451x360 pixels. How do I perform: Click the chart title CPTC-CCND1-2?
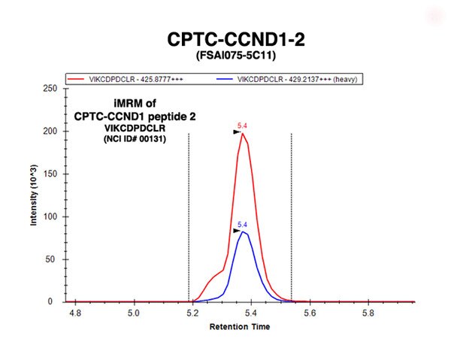click(x=236, y=39)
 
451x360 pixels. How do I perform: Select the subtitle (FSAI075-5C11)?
click(x=236, y=55)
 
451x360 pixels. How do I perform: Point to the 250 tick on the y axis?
click(x=50, y=88)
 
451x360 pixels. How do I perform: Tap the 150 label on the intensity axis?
click(x=50, y=174)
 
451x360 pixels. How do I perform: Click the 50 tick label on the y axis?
click(x=53, y=259)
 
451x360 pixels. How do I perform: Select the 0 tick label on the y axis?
click(x=50, y=301)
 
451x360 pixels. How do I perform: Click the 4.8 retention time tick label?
click(x=75, y=313)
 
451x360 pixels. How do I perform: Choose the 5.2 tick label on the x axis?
click(x=192, y=313)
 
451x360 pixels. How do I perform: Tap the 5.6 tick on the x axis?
click(x=310, y=313)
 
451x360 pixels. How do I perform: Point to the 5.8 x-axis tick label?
click(x=368, y=313)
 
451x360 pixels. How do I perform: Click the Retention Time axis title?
click(x=240, y=327)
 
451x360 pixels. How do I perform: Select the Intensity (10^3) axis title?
click(x=34, y=195)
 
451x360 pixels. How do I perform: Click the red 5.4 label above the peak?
click(x=242, y=126)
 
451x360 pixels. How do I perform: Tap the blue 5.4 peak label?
click(x=242, y=225)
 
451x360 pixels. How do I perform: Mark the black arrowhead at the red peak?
click(x=237, y=132)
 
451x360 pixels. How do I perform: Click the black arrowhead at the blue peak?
click(x=237, y=231)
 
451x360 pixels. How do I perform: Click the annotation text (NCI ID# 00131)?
click(x=135, y=139)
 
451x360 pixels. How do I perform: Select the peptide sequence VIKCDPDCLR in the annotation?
click(x=135, y=128)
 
